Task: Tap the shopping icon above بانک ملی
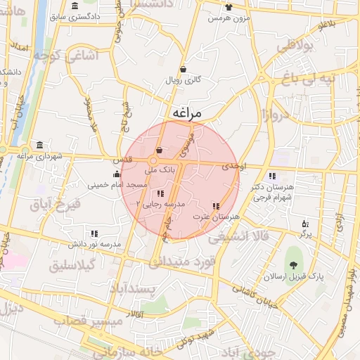tap(159, 150)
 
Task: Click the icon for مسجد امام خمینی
tap(117, 174)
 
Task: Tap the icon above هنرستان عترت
tap(215, 206)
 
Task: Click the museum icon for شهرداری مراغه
tap(39, 145)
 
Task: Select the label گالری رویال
tap(184, 80)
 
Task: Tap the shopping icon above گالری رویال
tap(184, 69)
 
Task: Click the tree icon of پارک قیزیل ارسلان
tap(292, 265)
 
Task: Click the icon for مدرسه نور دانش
tap(94, 233)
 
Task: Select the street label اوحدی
tap(233, 167)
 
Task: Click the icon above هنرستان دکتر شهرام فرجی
tap(272, 176)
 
